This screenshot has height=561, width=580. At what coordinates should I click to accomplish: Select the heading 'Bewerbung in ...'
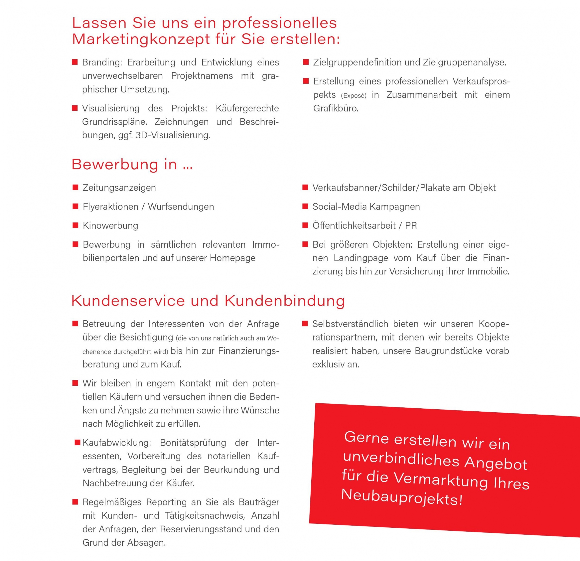[x=132, y=164]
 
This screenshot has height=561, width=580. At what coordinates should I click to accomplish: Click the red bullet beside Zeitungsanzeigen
[x=75, y=187]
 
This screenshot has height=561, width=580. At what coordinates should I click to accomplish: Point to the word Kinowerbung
[x=110, y=225]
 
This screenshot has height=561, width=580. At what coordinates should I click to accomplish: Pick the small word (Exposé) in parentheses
[x=354, y=96]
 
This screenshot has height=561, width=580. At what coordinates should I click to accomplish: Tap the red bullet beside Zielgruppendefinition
[x=306, y=62]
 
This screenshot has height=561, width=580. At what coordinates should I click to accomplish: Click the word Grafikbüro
[x=335, y=108]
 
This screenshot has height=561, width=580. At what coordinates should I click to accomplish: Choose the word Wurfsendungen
[x=181, y=207]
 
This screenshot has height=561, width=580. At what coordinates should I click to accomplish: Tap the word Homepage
[x=233, y=258]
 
